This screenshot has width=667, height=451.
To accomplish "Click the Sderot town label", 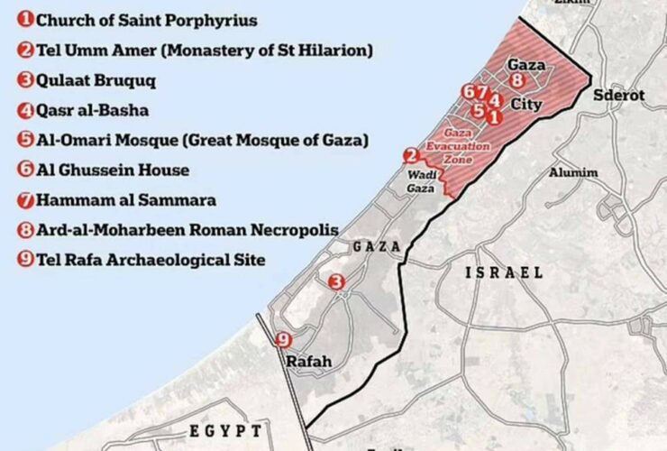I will [x=619, y=96].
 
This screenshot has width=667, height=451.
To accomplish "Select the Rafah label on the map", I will [x=308, y=362].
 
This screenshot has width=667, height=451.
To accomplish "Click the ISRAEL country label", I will [x=505, y=272].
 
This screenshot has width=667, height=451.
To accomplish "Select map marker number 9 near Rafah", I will [x=284, y=340].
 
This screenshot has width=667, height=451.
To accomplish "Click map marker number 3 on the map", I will [x=336, y=282].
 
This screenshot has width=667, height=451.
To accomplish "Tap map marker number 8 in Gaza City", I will [x=517, y=80].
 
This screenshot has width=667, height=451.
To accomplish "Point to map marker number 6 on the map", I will [x=467, y=92].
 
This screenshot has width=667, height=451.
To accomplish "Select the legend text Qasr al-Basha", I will [x=93, y=111].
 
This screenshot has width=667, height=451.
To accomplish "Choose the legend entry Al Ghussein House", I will [x=113, y=170].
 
